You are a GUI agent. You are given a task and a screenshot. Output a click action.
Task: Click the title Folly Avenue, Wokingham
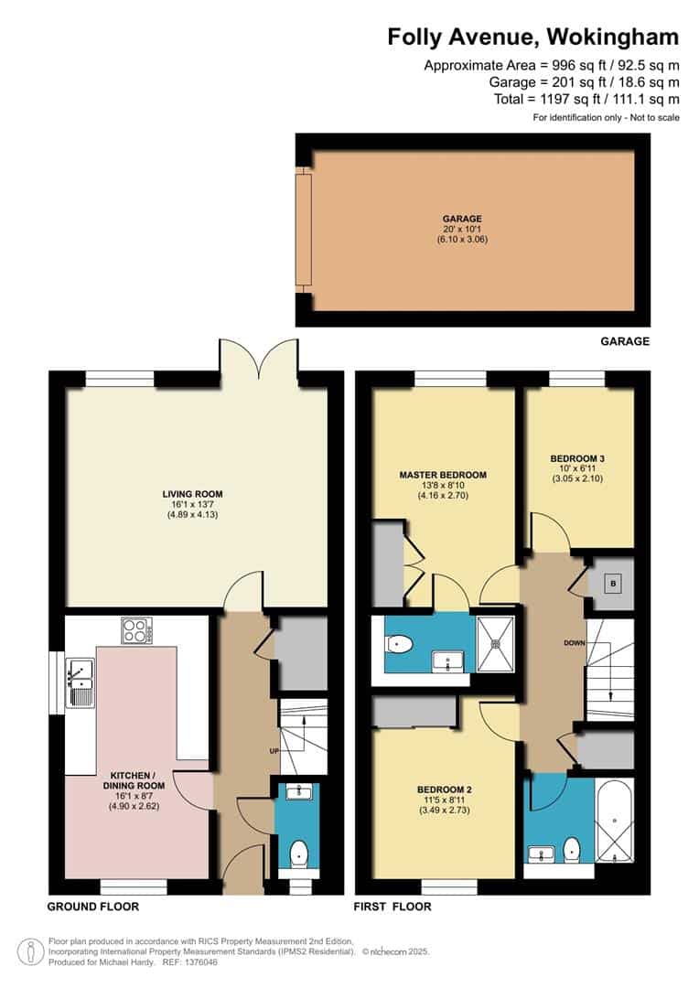click(x=532, y=37)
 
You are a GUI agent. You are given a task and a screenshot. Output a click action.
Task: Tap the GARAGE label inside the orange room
click(x=462, y=219)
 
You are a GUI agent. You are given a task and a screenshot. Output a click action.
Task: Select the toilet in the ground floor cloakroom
click(x=297, y=854)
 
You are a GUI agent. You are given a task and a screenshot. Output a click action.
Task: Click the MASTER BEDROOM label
click(x=443, y=475)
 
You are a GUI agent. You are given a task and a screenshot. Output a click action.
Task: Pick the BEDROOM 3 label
click(x=577, y=458)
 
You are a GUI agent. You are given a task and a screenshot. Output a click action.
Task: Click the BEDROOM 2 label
click(x=443, y=789)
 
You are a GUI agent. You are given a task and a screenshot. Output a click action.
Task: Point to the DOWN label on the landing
click(x=574, y=643)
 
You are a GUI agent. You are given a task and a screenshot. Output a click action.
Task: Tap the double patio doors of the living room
click(x=258, y=359)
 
